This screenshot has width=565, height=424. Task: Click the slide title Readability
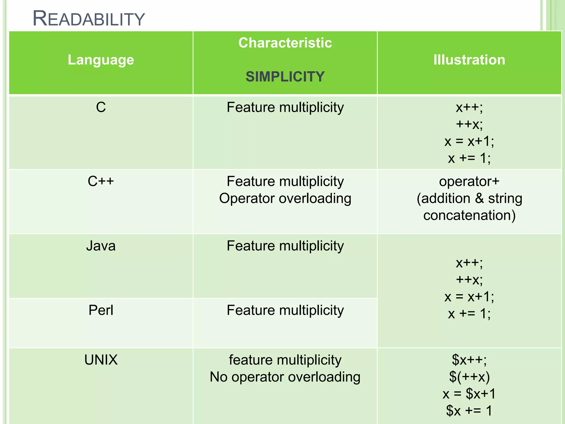point(89,19)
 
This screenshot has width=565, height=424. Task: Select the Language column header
point(101,60)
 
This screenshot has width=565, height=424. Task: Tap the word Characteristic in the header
point(285,43)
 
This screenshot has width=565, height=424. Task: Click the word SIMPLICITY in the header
point(285,77)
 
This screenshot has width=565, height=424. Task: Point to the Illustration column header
point(469,60)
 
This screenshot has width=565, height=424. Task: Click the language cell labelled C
point(101,107)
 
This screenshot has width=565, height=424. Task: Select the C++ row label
point(101,181)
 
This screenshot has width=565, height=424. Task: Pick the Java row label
point(101,246)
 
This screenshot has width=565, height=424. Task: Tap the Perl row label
point(101,310)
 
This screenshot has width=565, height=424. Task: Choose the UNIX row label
point(101,360)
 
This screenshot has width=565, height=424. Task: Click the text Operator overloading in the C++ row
point(285,198)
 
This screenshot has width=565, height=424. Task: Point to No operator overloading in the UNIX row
point(285,377)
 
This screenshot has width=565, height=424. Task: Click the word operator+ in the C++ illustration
point(469,181)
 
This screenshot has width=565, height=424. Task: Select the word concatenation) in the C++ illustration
point(469,215)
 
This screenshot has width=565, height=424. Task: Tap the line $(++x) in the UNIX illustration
point(469,377)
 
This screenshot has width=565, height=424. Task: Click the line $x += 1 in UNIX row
point(469,411)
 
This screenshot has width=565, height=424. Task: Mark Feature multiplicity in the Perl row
point(285,310)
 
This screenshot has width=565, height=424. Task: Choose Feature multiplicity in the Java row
point(285,246)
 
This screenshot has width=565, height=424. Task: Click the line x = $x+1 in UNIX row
point(469,394)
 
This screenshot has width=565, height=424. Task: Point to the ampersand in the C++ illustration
point(480,198)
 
